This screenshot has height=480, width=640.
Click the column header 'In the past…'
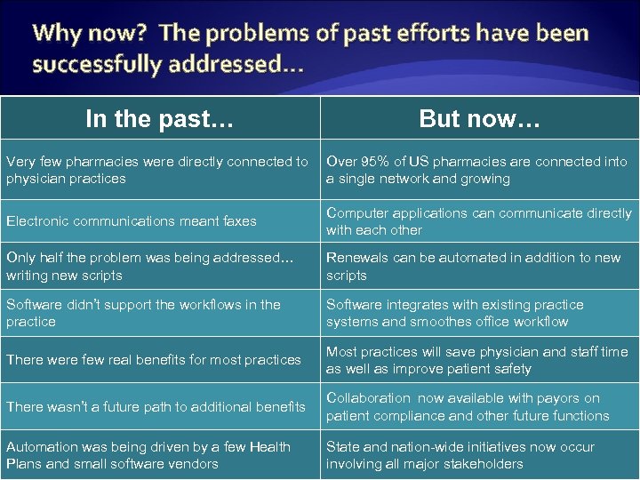(159, 118)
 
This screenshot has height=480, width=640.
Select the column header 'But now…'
(479, 118)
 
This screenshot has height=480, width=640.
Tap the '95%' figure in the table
(377, 162)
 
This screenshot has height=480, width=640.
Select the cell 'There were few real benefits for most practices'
(154, 360)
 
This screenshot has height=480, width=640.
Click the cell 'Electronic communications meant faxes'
(132, 221)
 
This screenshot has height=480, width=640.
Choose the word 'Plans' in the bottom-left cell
(24, 463)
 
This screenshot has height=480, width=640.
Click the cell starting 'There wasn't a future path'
(156, 407)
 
